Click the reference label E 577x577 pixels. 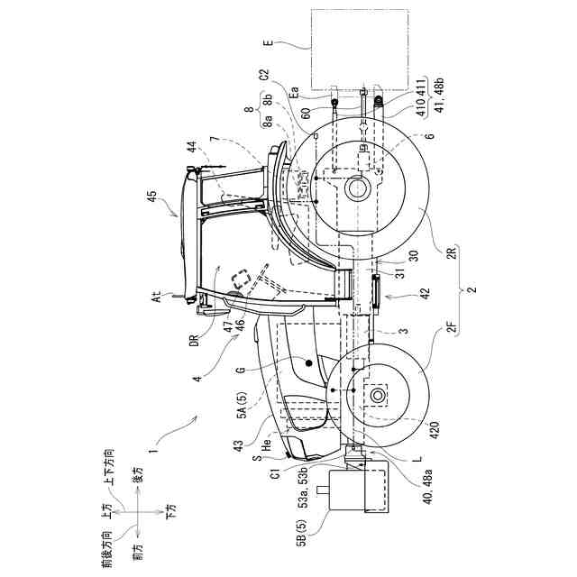coord(269,41)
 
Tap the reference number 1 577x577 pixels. coord(154,444)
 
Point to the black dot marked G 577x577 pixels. coord(309,363)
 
